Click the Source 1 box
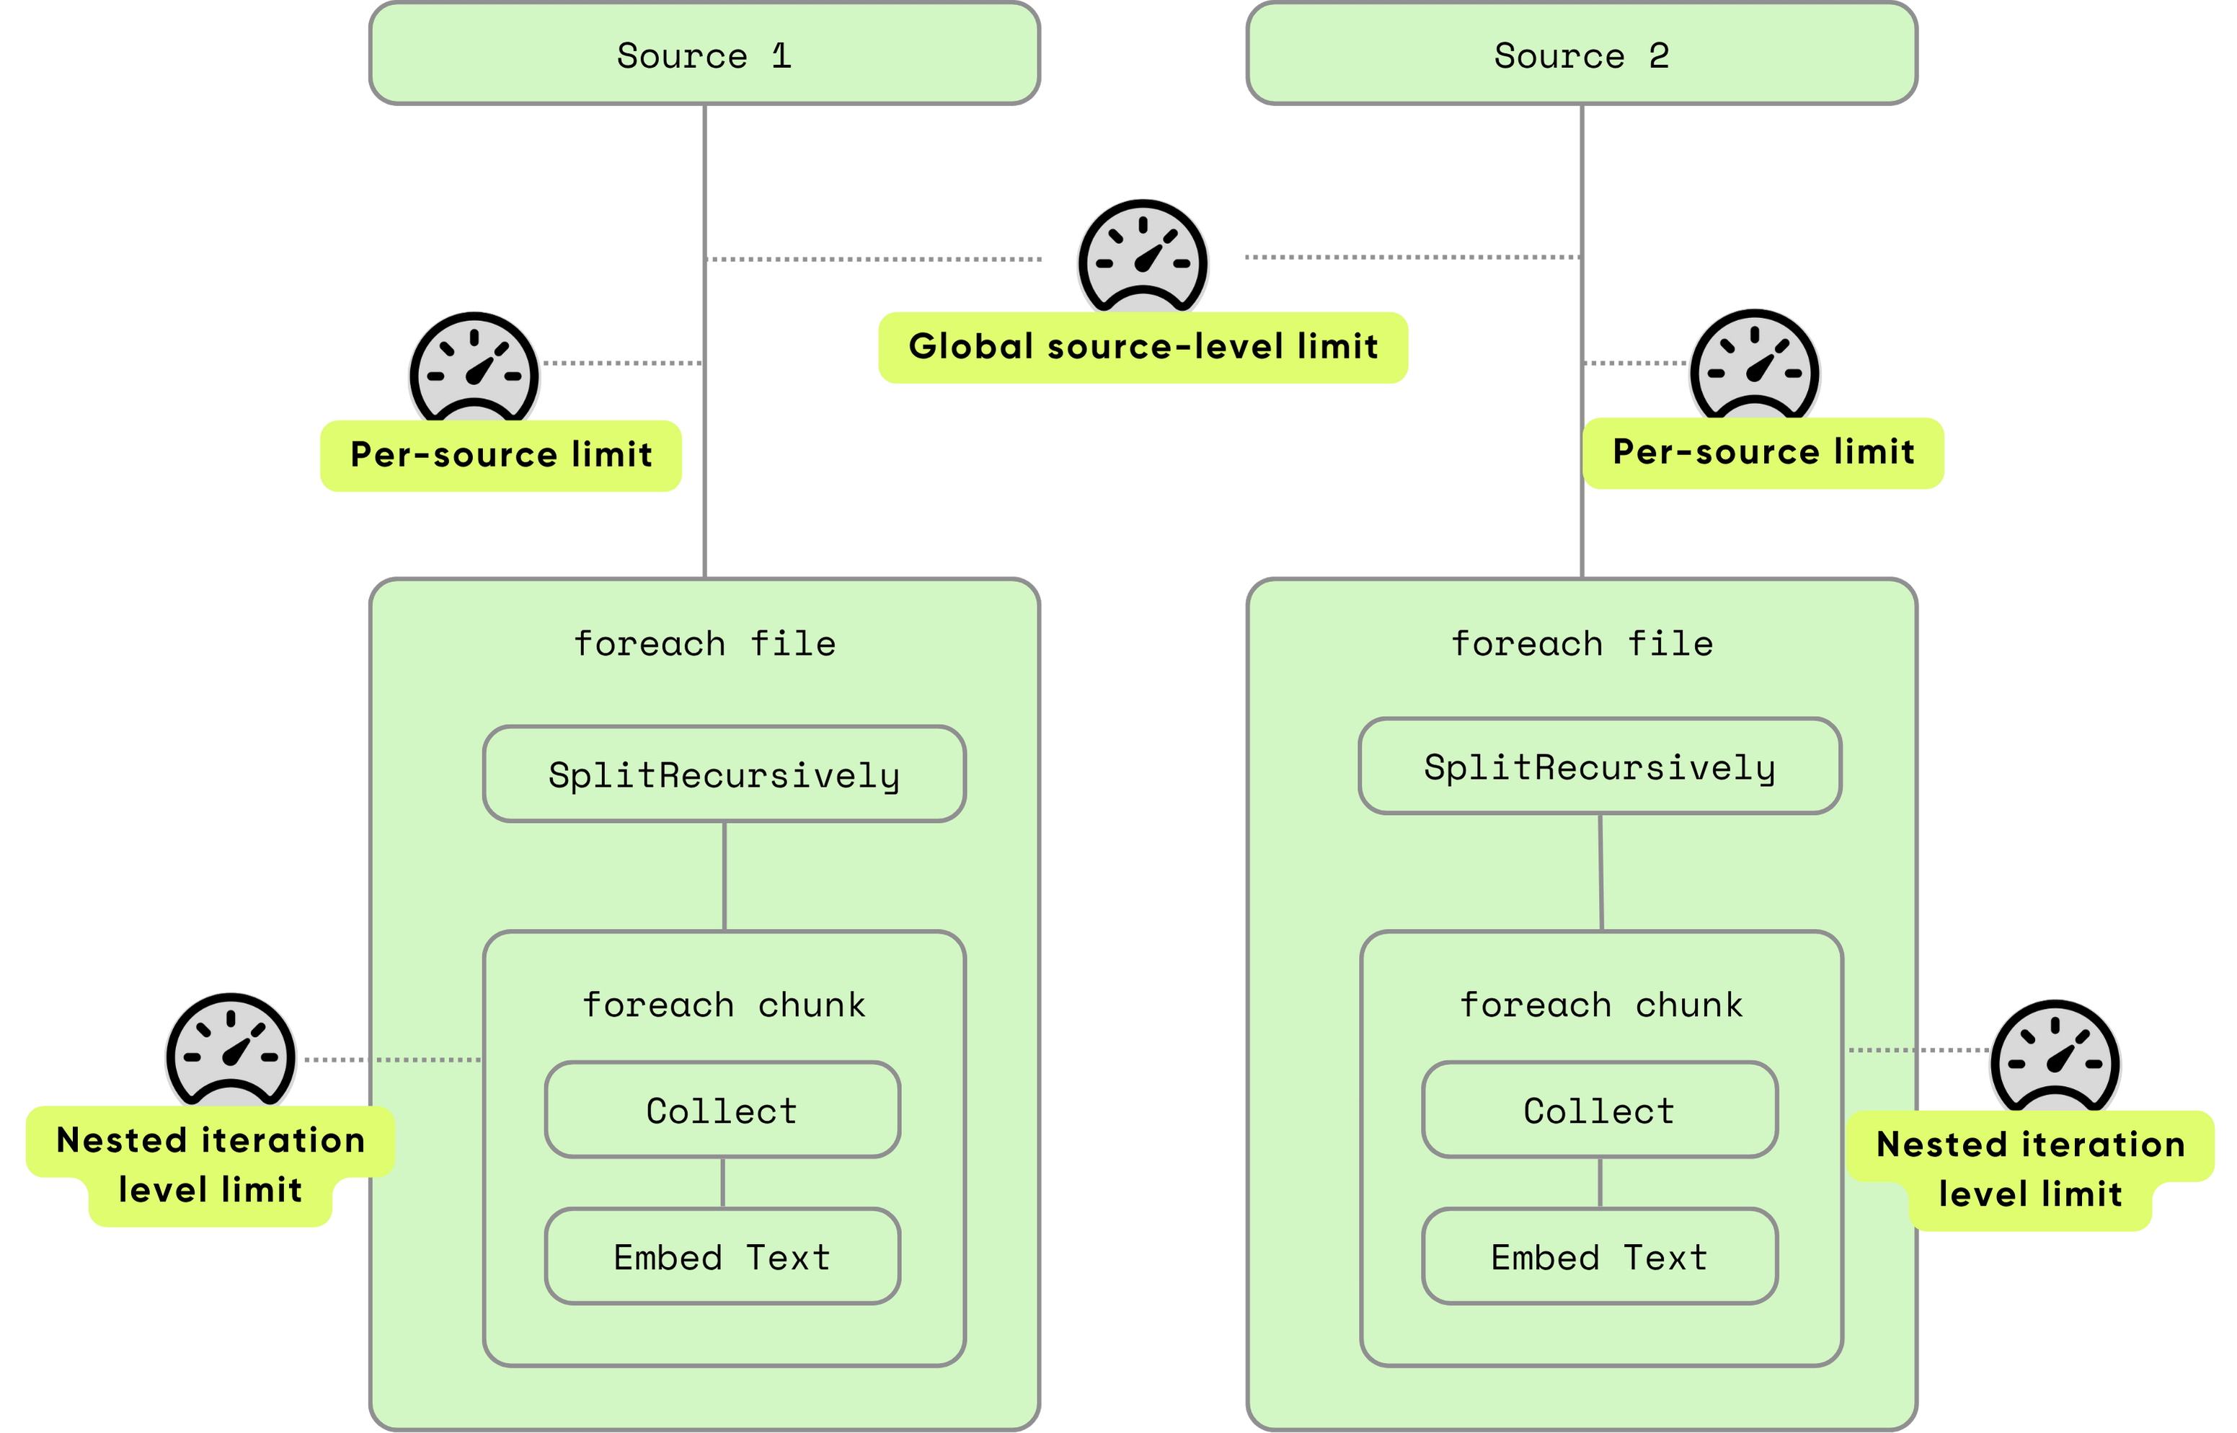(x=704, y=55)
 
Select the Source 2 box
(x=1581, y=55)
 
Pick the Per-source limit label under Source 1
(x=500, y=455)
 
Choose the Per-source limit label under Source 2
(x=1763, y=452)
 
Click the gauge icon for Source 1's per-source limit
(x=474, y=369)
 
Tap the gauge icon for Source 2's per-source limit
(x=1754, y=366)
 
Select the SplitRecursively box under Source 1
(x=724, y=774)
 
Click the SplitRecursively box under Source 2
(x=1600, y=767)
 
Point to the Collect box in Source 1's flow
(x=722, y=1110)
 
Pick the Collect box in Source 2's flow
(x=1599, y=1110)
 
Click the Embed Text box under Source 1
(x=722, y=1256)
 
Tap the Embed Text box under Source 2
(x=1599, y=1256)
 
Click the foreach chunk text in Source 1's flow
(x=724, y=1005)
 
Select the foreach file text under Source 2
(x=1581, y=644)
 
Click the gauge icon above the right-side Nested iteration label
(x=2055, y=1058)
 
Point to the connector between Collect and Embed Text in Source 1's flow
(x=723, y=1183)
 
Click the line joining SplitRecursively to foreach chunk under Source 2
(x=1600, y=872)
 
